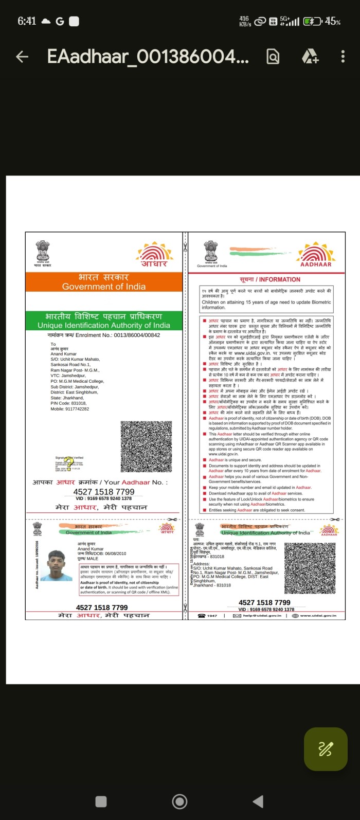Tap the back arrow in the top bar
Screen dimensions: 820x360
22,57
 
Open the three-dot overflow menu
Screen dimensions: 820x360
343,57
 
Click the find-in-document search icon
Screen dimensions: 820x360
273,57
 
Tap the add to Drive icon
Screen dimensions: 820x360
310,57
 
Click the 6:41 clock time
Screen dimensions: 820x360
27,21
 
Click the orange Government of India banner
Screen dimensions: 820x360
104,282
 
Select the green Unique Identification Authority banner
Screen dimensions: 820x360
104,320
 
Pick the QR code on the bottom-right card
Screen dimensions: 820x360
310,567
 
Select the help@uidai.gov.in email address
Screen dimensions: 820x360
262,615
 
